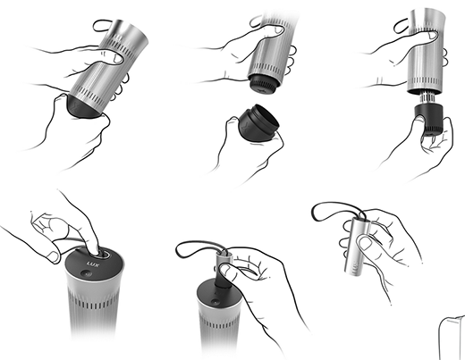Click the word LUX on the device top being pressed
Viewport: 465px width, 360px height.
[92, 264]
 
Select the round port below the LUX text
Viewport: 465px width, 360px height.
[87, 273]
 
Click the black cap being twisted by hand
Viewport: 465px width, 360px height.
[81, 106]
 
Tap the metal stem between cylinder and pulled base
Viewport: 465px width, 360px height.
[427, 99]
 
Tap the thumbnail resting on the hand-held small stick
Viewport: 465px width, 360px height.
[364, 243]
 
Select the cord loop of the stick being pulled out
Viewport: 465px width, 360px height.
[200, 249]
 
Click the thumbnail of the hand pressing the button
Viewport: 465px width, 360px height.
[54, 256]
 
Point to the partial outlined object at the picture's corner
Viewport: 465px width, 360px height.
[452, 338]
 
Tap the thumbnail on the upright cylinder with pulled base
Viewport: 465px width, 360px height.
[433, 36]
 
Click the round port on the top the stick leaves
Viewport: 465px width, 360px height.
[215, 302]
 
